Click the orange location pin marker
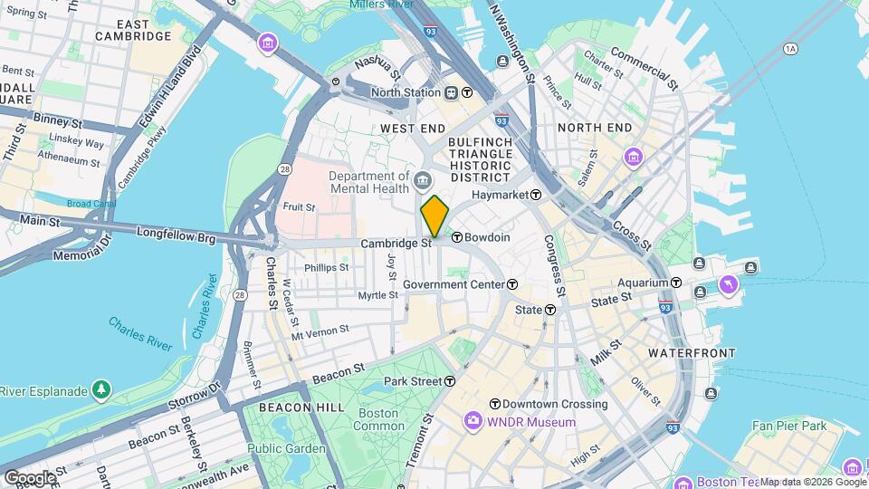[x=434, y=216]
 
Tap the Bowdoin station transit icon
[x=457, y=237]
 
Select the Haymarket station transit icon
[x=536, y=195]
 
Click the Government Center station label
[x=453, y=284]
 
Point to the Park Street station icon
[x=450, y=381]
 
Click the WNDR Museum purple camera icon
[x=473, y=421]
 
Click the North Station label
[x=406, y=92]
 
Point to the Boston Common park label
[x=378, y=419]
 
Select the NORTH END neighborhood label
[x=594, y=128]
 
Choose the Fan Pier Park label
[x=788, y=425]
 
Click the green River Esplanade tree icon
[x=102, y=390]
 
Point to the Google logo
[x=30, y=477]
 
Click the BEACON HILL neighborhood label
[x=301, y=408]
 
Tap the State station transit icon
[x=549, y=310]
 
